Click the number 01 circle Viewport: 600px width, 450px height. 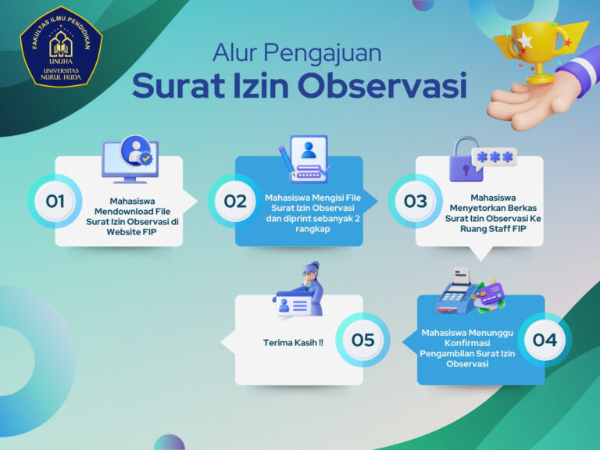pyautogui.click(x=55, y=202)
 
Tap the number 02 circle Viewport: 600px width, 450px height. pyautogui.click(x=235, y=202)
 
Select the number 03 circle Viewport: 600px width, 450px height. pyautogui.click(x=416, y=202)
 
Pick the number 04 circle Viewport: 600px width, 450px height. pyautogui.click(x=545, y=340)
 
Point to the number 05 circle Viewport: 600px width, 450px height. pyautogui.click(x=362, y=340)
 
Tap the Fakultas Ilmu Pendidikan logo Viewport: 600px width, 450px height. pyautogui.click(x=61, y=47)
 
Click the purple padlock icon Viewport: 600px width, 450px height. pyautogui.click(x=465, y=160)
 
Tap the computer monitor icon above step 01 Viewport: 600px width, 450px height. pyautogui.click(x=130, y=159)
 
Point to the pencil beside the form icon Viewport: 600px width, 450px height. pyautogui.click(x=286, y=160)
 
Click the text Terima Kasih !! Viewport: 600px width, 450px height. pyautogui.click(x=293, y=343)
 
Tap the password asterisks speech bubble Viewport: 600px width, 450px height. pyautogui.click(x=495, y=157)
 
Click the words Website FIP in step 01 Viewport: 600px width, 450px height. pyautogui.click(x=131, y=232)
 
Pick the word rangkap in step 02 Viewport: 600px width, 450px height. pyautogui.click(x=312, y=230)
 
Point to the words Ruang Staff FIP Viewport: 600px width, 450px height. pyautogui.click(x=493, y=229)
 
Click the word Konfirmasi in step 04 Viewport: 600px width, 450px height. pyautogui.click(x=467, y=343)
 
